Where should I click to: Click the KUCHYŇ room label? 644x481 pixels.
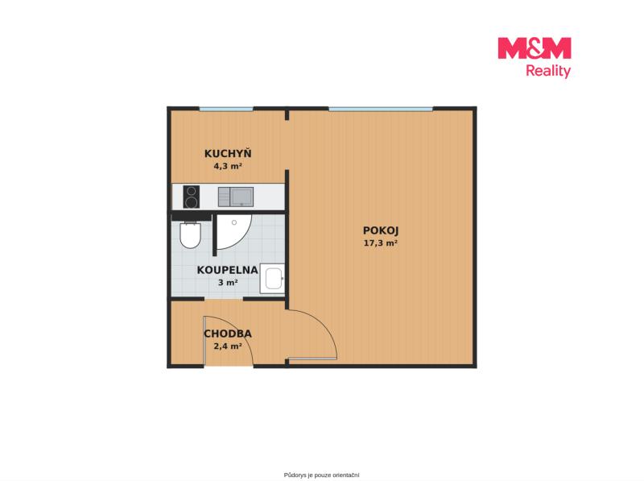pos(228,153)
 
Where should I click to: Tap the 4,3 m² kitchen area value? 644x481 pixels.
pos(227,167)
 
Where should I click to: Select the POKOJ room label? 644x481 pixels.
pos(381,230)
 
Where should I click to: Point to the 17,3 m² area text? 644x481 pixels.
pos(380,243)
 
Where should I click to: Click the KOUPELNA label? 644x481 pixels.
pos(228,270)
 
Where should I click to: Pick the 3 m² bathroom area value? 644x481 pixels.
pos(228,283)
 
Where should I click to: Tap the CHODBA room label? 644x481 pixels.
pos(228,334)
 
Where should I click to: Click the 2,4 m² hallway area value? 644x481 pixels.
pos(228,346)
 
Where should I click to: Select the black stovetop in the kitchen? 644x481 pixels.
pos(191,197)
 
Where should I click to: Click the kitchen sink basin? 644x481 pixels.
pos(242,197)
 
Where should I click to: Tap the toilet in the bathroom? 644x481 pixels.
pos(190,235)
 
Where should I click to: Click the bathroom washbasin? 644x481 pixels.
pos(272,279)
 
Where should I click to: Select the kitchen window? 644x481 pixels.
pos(226,109)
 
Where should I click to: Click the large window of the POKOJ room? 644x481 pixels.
pos(381,109)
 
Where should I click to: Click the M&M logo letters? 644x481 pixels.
pos(535,48)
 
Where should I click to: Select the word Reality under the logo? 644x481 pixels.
pos(548,71)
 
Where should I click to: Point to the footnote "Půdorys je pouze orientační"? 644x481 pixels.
pos(321,475)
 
